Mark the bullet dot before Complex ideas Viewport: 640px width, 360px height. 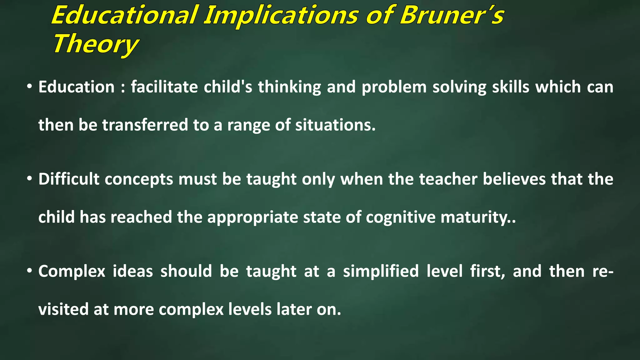click(29, 271)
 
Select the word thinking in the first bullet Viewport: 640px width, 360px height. click(289, 87)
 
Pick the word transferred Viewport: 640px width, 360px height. click(145, 125)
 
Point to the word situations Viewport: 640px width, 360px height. click(335, 125)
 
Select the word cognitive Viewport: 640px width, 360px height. click(400, 217)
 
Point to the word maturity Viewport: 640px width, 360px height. click(475, 217)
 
